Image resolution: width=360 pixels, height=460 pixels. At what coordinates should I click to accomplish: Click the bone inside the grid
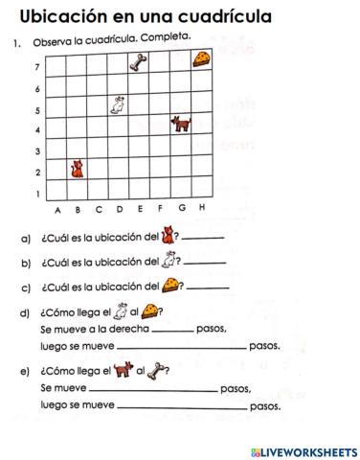[140, 63]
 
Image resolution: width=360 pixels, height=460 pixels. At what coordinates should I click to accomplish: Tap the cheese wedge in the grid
[201, 60]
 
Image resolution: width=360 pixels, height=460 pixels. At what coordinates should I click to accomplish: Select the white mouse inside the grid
[119, 105]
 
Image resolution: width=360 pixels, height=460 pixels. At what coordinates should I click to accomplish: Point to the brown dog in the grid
[180, 124]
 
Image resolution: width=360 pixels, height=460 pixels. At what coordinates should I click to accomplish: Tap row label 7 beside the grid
[36, 68]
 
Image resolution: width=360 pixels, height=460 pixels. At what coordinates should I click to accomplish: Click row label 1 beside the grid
[36, 194]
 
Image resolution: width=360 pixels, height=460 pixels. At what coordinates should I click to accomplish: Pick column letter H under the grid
[201, 208]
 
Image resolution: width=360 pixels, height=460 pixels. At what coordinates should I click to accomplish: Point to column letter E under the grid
[140, 208]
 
